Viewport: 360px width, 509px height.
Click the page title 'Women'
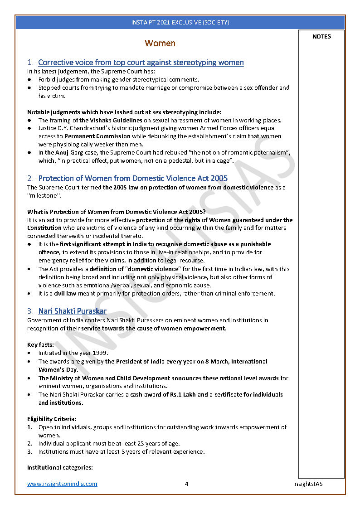tap(160, 44)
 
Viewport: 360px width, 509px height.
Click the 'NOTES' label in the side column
tap(321, 37)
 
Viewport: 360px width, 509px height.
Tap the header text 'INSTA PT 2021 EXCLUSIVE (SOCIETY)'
tap(180, 22)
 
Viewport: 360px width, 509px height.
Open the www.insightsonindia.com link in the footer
tap(62, 484)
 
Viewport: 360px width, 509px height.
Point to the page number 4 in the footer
tap(186, 484)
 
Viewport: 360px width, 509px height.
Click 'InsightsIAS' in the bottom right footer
tap(307, 484)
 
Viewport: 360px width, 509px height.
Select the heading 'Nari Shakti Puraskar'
tap(73, 311)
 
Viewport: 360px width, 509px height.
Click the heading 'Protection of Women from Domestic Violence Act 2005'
tap(133, 179)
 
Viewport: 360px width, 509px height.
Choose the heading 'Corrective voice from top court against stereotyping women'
tap(141, 63)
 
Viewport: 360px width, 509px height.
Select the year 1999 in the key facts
tap(99, 353)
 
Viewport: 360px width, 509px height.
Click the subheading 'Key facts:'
tap(40, 344)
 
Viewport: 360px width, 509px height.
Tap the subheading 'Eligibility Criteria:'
tap(52, 419)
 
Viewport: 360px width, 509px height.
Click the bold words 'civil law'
tap(65, 293)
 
